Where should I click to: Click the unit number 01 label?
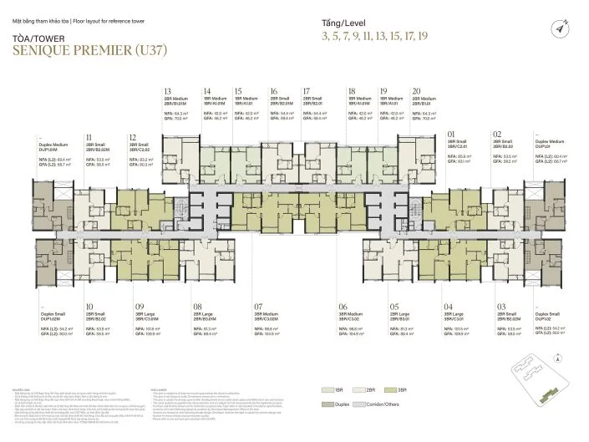point(452,134)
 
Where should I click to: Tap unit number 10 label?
point(89,307)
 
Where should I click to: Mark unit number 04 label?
point(449,307)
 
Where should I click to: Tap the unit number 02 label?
point(497,134)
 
